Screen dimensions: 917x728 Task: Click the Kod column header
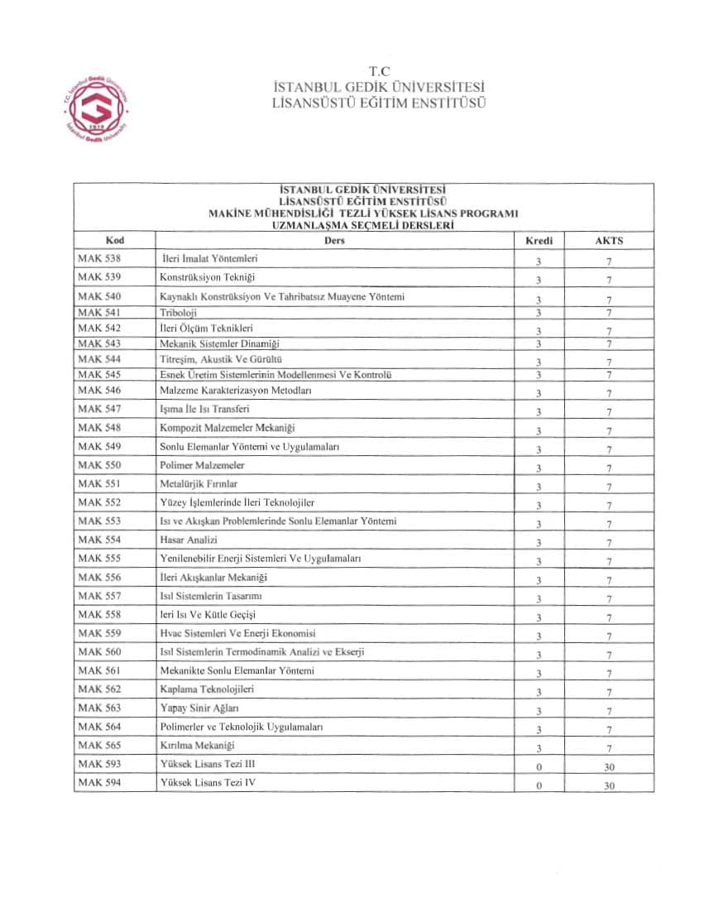115,240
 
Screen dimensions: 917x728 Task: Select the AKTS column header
609,241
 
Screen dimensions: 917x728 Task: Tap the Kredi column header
539,241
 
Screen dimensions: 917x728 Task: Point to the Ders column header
335,241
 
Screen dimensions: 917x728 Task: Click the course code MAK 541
99,313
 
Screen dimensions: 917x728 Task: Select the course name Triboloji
179,313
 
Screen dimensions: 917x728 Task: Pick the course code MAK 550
99,465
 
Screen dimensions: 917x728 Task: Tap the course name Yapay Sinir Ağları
199,708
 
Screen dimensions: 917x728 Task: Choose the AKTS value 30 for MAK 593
610,767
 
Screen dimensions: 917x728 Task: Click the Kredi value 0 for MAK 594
539,786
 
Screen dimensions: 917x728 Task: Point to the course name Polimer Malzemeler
202,465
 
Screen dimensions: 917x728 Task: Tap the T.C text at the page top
380,72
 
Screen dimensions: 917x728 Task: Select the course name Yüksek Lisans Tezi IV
208,782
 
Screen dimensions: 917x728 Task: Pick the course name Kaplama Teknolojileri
207,689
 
